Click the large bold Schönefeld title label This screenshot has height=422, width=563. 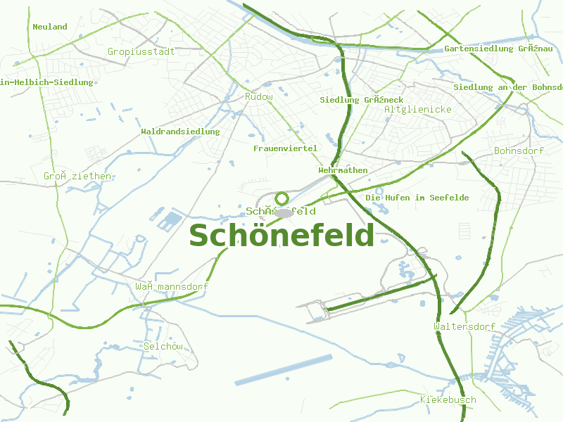pos(281,236)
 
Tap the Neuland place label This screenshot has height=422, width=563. pos(50,27)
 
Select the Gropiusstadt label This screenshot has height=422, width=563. pos(141,51)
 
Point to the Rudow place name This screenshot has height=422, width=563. pos(258,96)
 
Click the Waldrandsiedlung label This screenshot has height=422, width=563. pos(180,132)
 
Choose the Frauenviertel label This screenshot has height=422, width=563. pos(286,148)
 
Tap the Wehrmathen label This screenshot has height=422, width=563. pos(343,170)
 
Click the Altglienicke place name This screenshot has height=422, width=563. pos(418,109)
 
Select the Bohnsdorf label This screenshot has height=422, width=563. pos(519,151)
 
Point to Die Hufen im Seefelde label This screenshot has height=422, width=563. pos(417,198)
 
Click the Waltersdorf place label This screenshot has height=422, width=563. pos(464,326)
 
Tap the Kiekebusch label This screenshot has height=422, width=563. pos(448,399)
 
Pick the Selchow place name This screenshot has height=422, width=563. pos(163,346)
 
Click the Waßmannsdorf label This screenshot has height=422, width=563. pos(172,286)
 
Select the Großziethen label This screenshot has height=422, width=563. pos(77,176)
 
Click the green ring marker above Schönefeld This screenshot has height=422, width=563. pos(282,198)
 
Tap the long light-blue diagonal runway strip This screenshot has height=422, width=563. pos(283,370)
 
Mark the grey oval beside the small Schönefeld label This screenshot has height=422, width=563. pos(284,212)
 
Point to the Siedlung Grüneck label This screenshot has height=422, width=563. pos(362,100)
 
